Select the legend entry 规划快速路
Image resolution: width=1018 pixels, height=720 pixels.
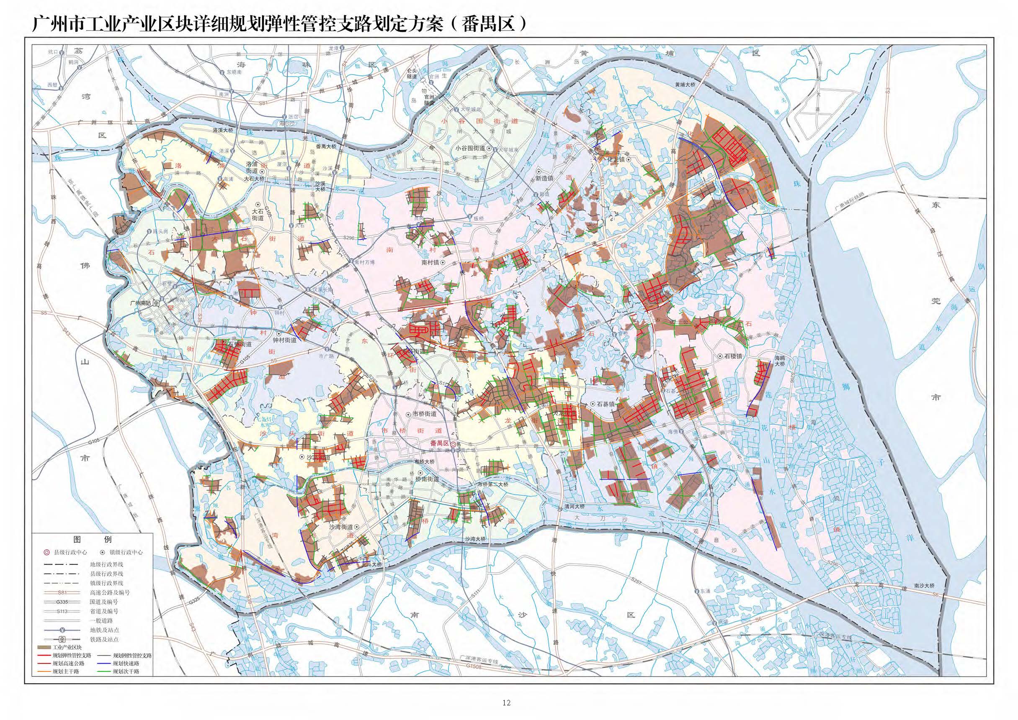point(126,664)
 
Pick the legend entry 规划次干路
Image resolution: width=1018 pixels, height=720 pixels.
point(126,671)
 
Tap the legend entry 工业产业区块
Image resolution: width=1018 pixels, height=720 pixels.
point(67,648)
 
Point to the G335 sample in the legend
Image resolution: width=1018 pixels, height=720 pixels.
point(62,602)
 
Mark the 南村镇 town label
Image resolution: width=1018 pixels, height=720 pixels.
point(430,262)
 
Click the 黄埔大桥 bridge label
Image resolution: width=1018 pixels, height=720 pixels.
point(685,84)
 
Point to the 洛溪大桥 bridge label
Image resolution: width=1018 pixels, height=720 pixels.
point(222,131)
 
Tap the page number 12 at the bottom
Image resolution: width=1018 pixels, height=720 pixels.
point(506,703)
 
